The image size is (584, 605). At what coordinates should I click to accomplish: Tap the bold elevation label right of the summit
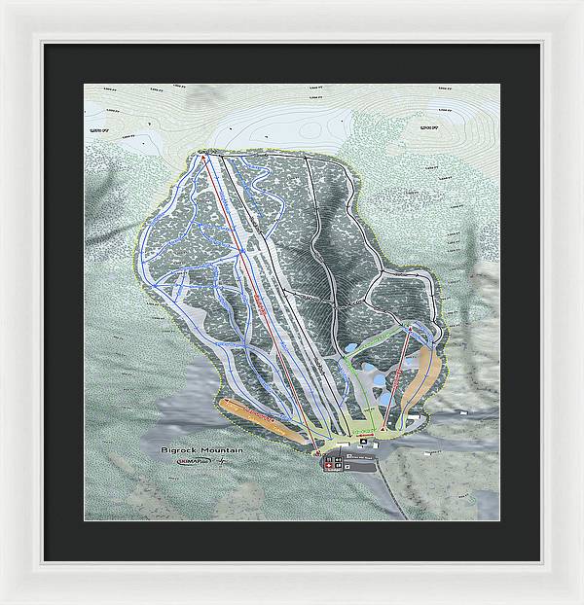(x=427, y=126)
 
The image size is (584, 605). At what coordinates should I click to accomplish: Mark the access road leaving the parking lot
(x=389, y=486)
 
